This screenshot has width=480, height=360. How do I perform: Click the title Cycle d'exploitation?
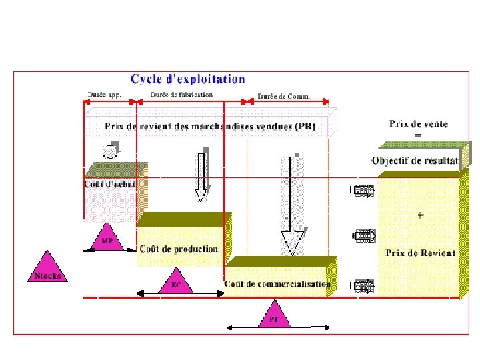coord(187,80)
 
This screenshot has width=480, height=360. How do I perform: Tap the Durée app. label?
coord(105,95)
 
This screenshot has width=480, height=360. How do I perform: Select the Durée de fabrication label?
coord(181,95)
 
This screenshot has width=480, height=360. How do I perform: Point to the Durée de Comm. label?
coord(285,97)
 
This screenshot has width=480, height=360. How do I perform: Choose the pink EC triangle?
coord(177,282)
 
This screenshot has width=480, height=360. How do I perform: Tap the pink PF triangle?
coord(273,315)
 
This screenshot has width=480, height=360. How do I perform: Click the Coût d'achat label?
coord(110,184)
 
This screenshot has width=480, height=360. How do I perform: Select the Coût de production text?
coord(179,249)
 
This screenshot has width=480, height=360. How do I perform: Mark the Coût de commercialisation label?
coord(277,284)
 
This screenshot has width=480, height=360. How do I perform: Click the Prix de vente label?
coord(419,123)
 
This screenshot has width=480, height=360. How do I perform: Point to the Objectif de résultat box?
coord(415,160)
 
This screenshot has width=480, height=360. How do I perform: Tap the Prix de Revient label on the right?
coord(421,253)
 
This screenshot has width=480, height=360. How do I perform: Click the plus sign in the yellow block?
coord(420,215)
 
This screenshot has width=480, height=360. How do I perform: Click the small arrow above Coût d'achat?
coord(112,151)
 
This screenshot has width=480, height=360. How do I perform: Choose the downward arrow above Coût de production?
coord(201,175)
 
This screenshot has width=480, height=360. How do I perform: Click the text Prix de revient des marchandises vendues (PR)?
coord(210,126)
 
